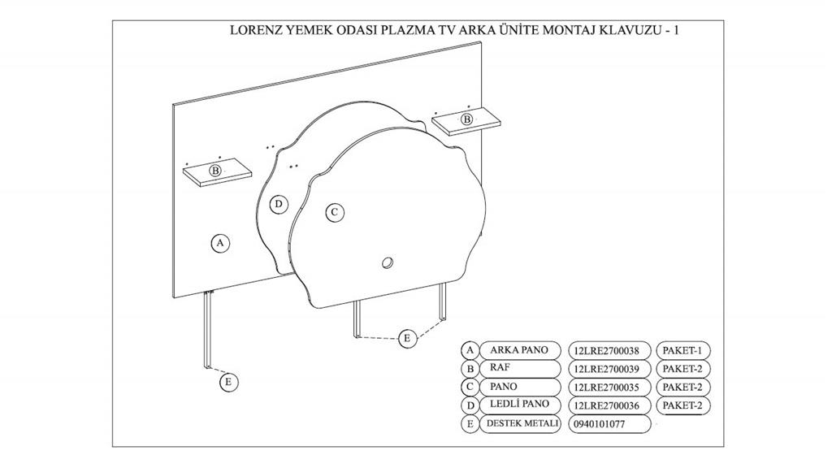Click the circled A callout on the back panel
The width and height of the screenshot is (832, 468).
click(x=220, y=243)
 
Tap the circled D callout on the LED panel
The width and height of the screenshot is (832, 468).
click(x=279, y=204)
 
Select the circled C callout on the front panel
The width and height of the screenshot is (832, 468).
click(x=334, y=212)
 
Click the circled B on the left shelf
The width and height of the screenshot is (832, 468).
click(x=214, y=171)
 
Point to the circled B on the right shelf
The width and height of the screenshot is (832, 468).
click(x=467, y=119)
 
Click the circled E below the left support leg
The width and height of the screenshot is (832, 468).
click(x=228, y=382)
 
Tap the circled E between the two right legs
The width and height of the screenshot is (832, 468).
click(x=408, y=338)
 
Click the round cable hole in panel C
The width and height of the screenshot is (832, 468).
click(x=388, y=262)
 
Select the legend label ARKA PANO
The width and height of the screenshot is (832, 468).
click(x=518, y=350)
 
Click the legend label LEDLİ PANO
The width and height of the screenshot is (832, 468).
click(x=519, y=404)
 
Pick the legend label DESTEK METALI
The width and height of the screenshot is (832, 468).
click(x=522, y=423)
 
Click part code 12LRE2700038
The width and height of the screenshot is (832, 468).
click(x=606, y=351)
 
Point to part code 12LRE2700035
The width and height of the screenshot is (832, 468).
click(x=606, y=388)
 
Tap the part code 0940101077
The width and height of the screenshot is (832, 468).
click(x=599, y=424)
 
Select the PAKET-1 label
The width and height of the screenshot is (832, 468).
click(x=682, y=350)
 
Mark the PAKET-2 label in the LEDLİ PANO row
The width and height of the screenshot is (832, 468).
click(x=682, y=405)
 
